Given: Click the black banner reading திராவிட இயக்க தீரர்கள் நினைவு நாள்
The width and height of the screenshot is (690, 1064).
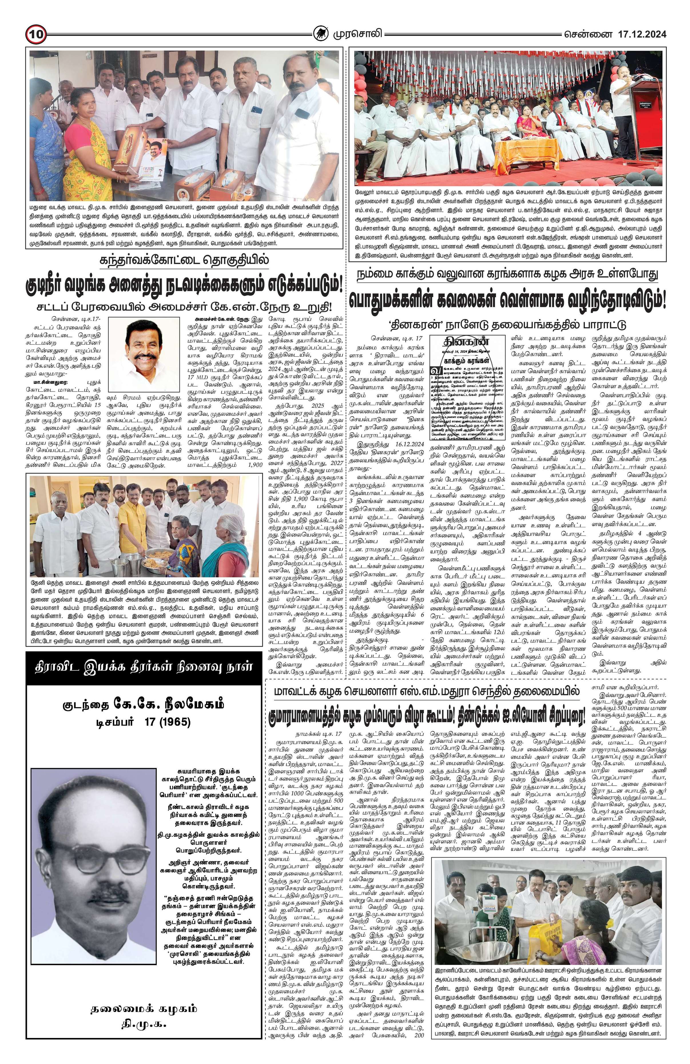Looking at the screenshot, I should point(143,667).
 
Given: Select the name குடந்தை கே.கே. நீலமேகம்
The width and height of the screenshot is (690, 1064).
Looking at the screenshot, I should point(143,705).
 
